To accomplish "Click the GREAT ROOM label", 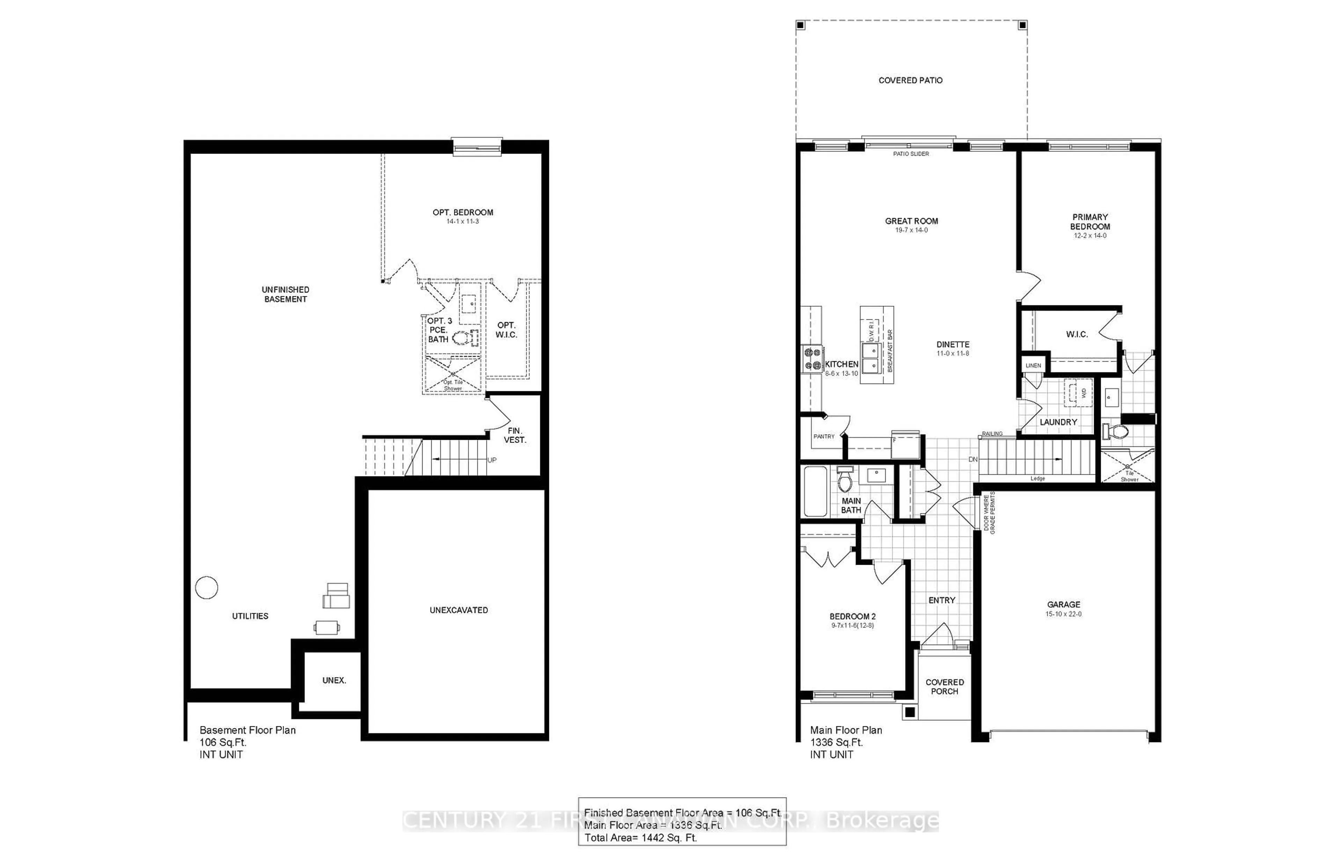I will [x=911, y=221].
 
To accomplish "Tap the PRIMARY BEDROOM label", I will [x=1090, y=222].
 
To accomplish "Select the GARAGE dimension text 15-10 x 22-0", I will [x=1063, y=614].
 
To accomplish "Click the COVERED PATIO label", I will [x=910, y=81].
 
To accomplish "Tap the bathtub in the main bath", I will [x=815, y=491].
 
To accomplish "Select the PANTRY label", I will [x=823, y=436].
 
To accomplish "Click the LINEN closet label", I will [x=1033, y=365].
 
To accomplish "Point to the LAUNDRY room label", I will [x=1058, y=422].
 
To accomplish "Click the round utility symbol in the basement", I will [x=206, y=588].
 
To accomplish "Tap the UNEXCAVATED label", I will [x=459, y=610].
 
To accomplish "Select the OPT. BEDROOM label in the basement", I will [x=462, y=212].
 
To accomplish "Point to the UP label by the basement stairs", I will [x=492, y=460].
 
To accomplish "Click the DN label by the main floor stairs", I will [x=973, y=459].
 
